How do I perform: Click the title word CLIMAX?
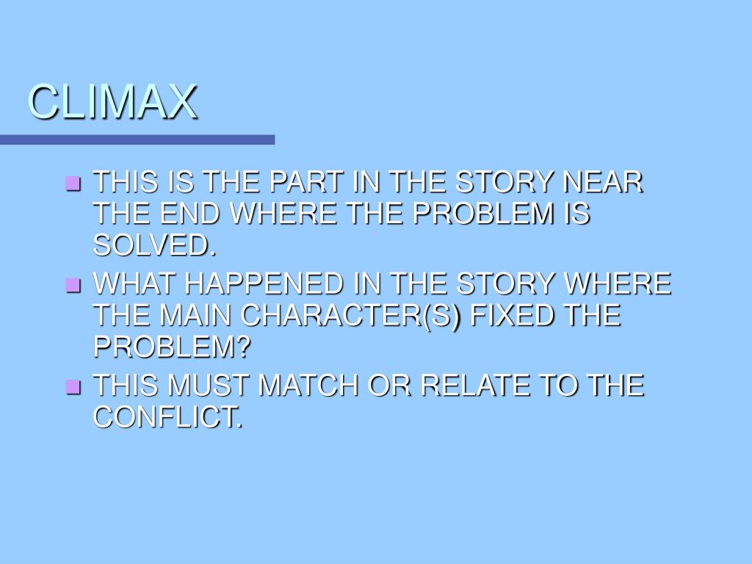(113, 102)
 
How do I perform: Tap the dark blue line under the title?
(137, 140)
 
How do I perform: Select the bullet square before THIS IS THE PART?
(73, 183)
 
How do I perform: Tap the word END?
(192, 214)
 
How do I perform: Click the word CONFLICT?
(167, 418)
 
